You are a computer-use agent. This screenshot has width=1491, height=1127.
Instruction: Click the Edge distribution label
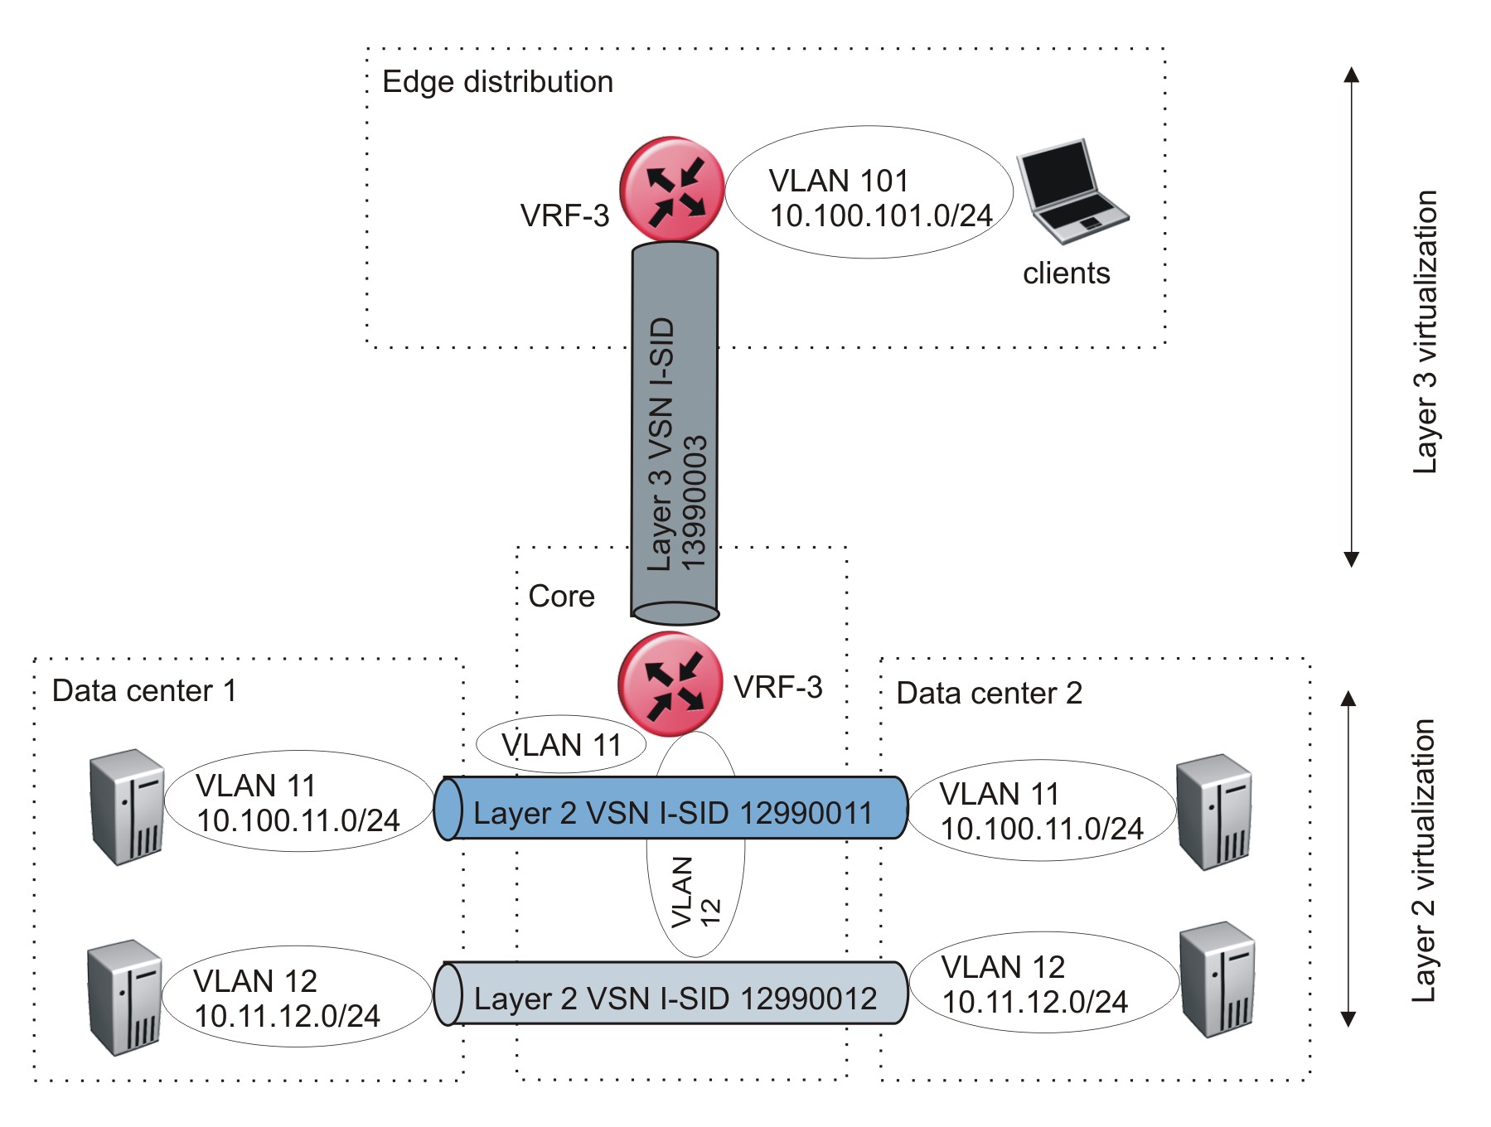tap(497, 82)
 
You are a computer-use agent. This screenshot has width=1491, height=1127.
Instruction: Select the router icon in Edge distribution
tap(672, 189)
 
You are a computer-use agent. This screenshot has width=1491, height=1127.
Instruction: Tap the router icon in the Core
tap(670, 684)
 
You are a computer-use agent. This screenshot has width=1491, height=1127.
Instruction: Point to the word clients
tap(1066, 273)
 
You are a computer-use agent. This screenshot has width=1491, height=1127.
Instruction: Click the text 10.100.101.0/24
tap(880, 216)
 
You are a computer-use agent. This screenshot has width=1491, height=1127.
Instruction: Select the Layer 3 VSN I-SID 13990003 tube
tap(675, 431)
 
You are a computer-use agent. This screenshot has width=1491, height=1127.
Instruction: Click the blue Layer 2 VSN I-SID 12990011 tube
tap(671, 809)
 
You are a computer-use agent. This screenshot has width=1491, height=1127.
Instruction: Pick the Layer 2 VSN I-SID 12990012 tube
tap(671, 994)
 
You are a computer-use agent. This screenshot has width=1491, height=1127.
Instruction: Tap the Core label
tap(561, 597)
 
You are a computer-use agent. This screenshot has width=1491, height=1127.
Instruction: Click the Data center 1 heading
tap(144, 691)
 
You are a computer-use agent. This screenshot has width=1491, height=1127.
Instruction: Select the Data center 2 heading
tap(989, 694)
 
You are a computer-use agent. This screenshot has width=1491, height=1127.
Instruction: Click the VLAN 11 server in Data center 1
tap(127, 806)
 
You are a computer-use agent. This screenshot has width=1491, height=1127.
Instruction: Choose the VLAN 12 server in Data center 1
tap(124, 997)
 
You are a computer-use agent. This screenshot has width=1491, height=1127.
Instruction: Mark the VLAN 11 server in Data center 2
tap(1213, 811)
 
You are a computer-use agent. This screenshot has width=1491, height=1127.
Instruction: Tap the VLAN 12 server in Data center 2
tap(1217, 979)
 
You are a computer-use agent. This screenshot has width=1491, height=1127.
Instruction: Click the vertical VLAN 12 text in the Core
tap(695, 892)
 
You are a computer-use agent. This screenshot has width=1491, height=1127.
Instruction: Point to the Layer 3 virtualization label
tap(1425, 331)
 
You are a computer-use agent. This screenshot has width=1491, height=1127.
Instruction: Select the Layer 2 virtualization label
tap(1423, 860)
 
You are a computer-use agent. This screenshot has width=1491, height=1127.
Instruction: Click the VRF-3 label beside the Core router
tap(777, 688)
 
